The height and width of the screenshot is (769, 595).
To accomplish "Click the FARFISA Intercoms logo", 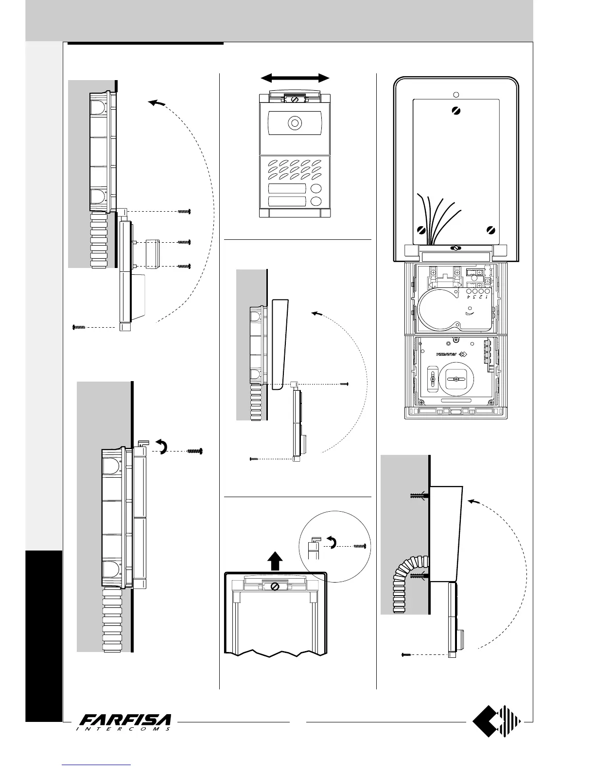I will pyautogui.click(x=125, y=722).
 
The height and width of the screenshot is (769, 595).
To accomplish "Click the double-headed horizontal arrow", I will pyautogui.click(x=295, y=78).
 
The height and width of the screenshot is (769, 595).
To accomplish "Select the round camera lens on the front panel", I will pyautogui.click(x=294, y=123).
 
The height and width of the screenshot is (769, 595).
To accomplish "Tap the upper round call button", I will pyautogui.click(x=316, y=189).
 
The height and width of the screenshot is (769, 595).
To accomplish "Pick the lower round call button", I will pyautogui.click(x=316, y=202).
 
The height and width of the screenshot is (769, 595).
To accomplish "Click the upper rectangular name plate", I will pyautogui.click(x=287, y=189).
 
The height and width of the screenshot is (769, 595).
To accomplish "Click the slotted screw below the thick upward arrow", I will pyautogui.click(x=275, y=587).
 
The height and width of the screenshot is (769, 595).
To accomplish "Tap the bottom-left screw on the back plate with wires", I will pyautogui.click(x=422, y=230).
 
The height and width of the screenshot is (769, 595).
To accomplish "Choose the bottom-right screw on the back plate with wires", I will pyautogui.click(x=490, y=230).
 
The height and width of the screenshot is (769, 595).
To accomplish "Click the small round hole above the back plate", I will pyautogui.click(x=455, y=94).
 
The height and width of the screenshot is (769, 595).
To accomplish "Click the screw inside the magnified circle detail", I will pyautogui.click(x=359, y=546).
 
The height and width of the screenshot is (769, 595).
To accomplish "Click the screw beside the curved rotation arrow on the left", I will pyautogui.click(x=195, y=451).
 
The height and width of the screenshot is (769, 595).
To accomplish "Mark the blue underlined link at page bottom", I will pyautogui.click(x=97, y=766).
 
